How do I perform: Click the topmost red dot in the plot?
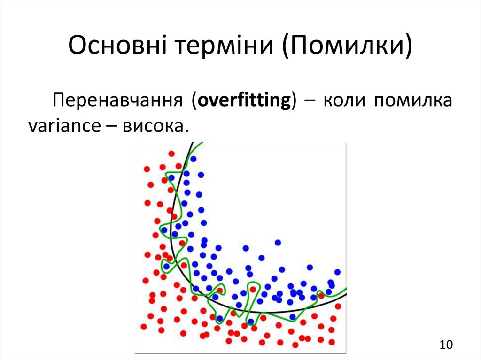pyautogui.click(x=171, y=153)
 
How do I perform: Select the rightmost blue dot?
pyautogui.click(x=337, y=272)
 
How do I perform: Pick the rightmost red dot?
pyautogui.click(x=338, y=306)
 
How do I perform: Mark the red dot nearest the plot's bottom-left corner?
pyautogui.click(x=144, y=327)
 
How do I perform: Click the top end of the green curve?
pyautogui.click(x=202, y=143)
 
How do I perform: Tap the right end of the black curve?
pyautogui.click(x=346, y=295)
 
